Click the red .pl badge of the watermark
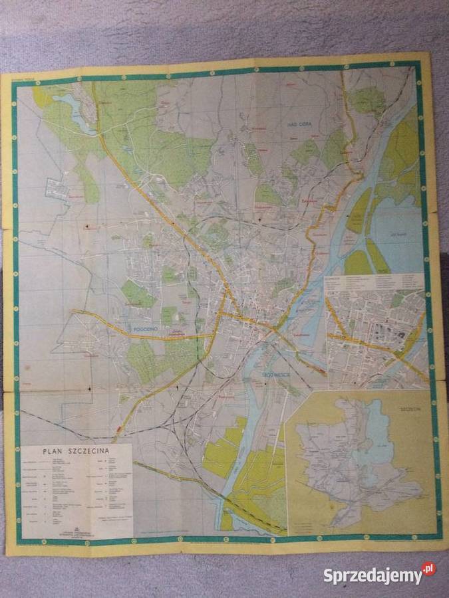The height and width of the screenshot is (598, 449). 428,569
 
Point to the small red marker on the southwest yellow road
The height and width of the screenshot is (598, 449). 118,428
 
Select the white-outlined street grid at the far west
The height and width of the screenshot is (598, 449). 57,189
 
